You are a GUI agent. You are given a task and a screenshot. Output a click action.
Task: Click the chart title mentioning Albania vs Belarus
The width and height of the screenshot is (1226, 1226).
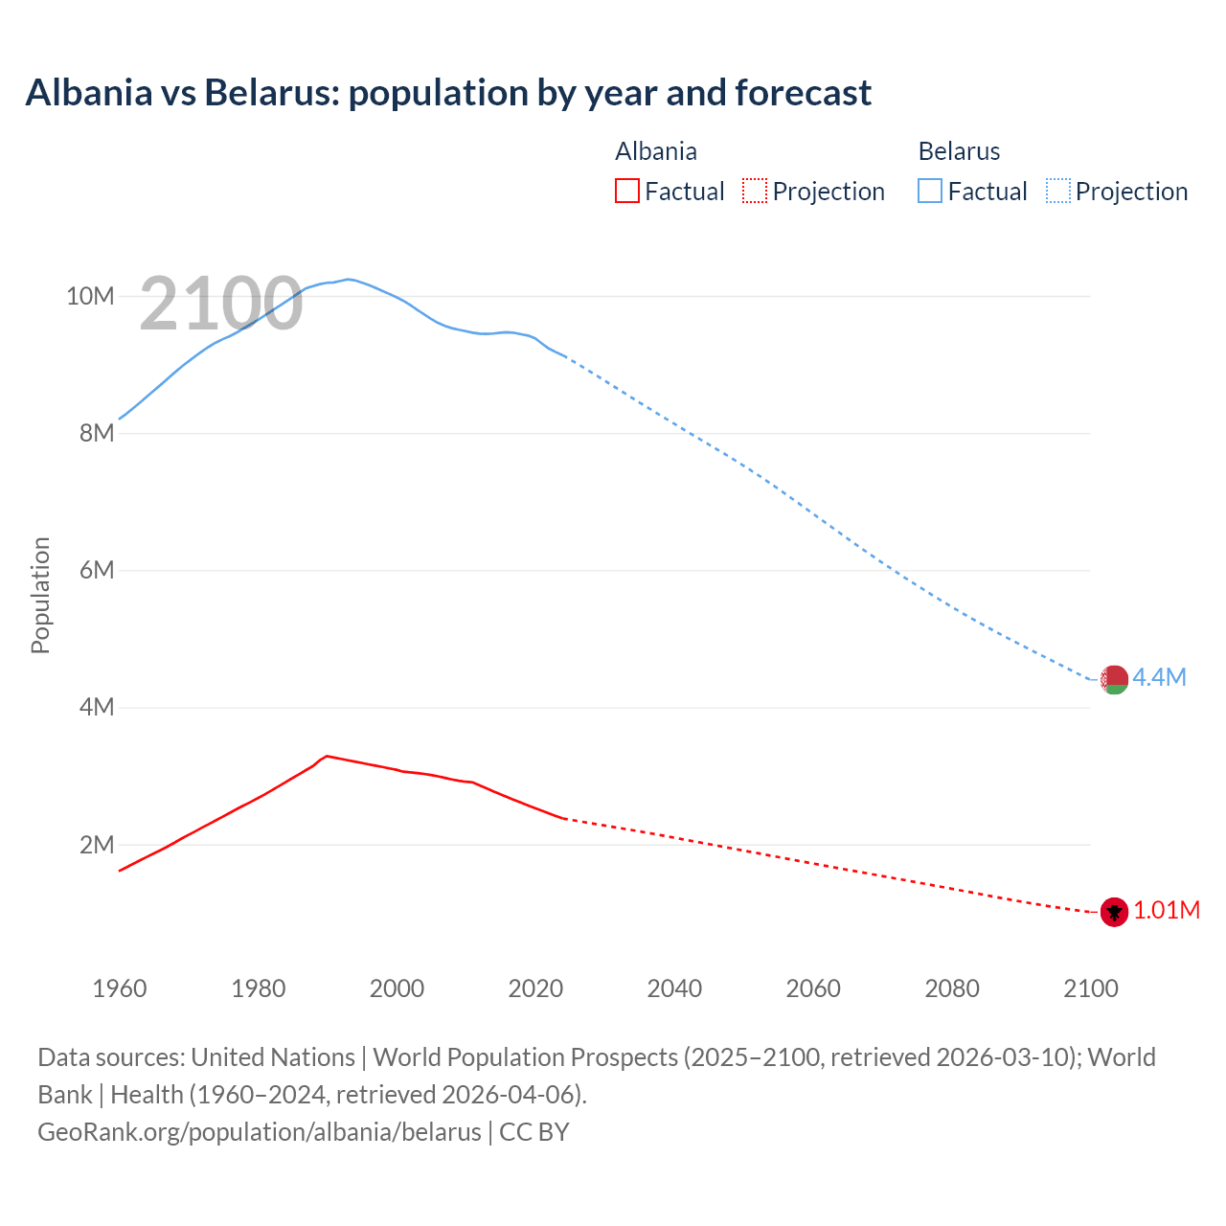448,93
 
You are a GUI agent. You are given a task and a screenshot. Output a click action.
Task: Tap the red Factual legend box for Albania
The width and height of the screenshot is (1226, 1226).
626,191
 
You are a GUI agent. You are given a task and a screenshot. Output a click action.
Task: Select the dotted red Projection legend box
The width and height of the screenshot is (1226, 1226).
755,191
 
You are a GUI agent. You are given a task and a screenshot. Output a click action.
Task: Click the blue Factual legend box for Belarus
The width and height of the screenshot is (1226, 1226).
930,191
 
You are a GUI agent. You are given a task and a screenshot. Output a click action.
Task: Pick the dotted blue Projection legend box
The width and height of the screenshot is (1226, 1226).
1058,191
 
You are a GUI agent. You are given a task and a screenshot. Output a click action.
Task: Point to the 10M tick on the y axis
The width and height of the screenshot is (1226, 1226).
90,296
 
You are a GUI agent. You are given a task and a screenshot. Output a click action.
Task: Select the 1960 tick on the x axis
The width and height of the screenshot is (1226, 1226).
120,988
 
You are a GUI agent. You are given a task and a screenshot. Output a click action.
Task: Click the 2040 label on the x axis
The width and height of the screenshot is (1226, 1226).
674,988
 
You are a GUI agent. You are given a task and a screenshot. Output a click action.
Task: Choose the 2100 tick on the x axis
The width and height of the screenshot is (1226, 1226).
1090,988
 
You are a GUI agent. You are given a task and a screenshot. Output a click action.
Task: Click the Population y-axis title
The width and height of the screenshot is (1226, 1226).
40,595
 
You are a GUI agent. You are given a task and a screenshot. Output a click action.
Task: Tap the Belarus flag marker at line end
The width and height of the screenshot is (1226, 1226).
1114,679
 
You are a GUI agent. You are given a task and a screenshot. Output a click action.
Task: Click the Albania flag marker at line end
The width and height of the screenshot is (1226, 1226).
1114,912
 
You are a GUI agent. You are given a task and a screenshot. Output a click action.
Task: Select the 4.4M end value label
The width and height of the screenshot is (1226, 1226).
1159,678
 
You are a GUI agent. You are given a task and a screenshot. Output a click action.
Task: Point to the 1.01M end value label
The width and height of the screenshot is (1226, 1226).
1166,911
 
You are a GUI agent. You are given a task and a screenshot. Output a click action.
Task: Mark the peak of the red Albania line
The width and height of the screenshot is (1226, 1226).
328,756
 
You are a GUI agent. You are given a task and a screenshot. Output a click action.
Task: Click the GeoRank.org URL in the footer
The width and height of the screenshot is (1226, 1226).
260,1132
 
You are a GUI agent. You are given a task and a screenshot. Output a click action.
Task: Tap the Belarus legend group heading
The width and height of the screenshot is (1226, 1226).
959,151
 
